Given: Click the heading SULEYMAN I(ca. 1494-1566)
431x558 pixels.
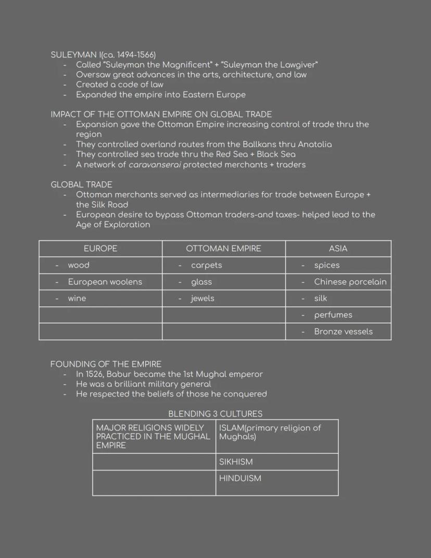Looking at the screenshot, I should point(103,55).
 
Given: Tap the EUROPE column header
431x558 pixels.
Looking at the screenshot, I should point(100,249).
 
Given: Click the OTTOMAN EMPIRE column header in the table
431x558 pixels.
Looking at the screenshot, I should point(223,249).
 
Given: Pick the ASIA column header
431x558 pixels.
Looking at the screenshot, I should point(338,249).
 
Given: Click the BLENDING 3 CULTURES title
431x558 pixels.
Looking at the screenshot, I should point(215,414).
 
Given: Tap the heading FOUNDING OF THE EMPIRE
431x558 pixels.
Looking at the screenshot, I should point(106,364).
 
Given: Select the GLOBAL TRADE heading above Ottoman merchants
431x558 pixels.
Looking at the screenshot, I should point(81,184).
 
